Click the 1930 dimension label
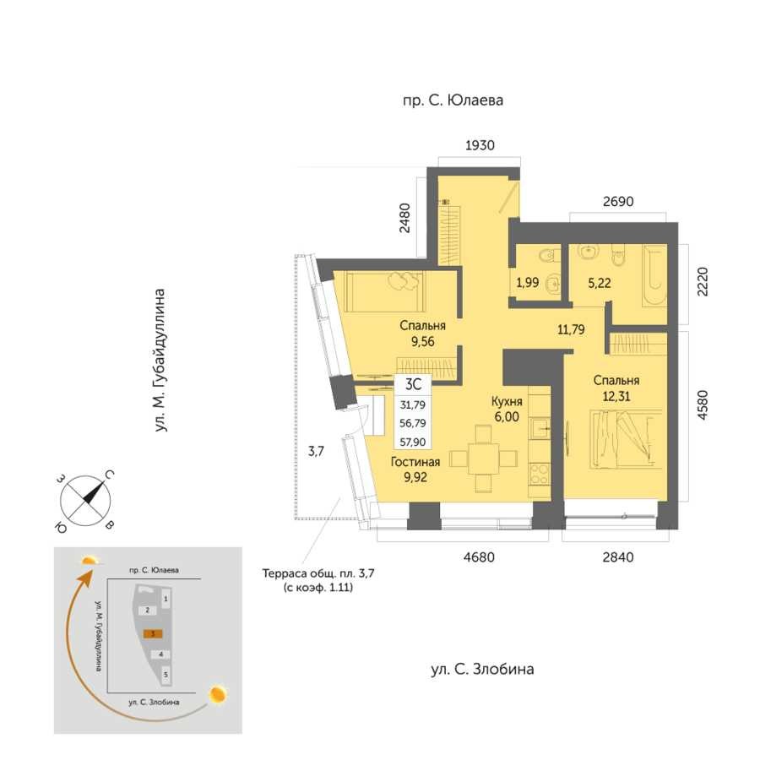[x=480, y=145]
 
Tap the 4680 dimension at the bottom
[x=479, y=557]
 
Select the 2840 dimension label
[x=618, y=557]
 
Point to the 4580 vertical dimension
[x=702, y=405]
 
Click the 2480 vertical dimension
[x=404, y=218]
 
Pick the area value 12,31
[x=616, y=397]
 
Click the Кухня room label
[x=507, y=401]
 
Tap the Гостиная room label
[x=415, y=462]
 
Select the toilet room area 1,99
[x=527, y=282]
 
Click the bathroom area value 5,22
[x=599, y=283]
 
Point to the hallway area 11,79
[x=571, y=330]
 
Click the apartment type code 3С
[x=413, y=384]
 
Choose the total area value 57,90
[x=412, y=442]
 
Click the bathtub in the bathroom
[x=654, y=275]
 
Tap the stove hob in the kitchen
[x=540, y=474]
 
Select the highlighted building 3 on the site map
[x=153, y=633]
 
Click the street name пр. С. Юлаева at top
[x=453, y=100]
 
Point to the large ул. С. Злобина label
[x=482, y=670]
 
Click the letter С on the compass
[x=110, y=475]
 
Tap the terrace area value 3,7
[x=316, y=452]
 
